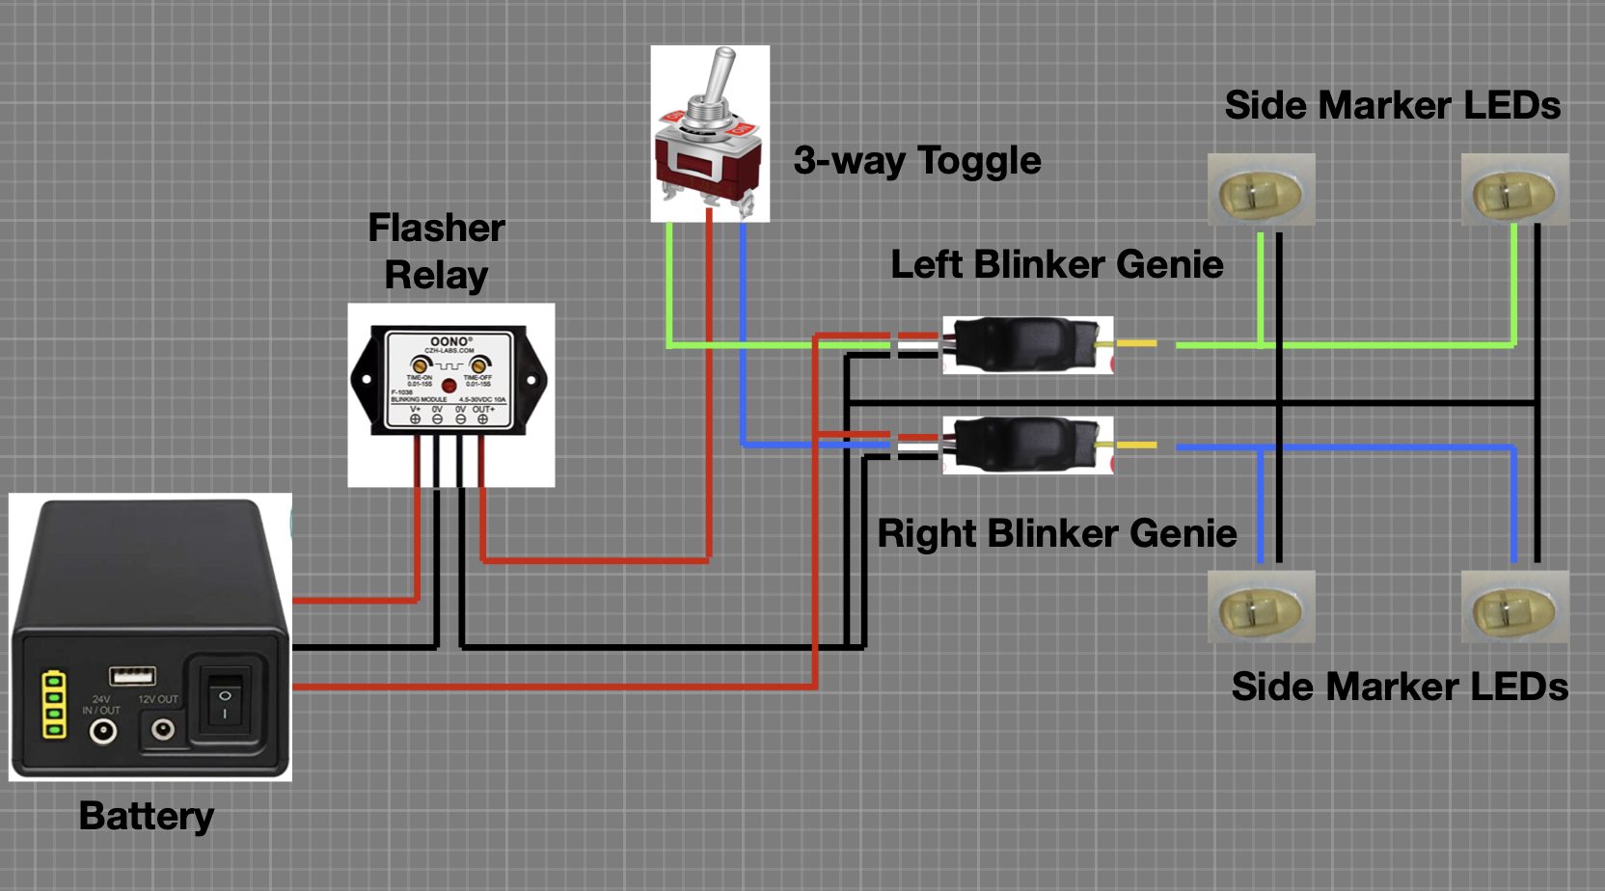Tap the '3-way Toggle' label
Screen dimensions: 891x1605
(916, 160)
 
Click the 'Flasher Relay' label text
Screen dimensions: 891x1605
(436, 252)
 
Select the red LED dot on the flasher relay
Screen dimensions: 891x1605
(449, 385)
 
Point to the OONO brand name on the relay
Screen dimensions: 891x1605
(449, 341)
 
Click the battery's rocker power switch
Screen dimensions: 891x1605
(225, 702)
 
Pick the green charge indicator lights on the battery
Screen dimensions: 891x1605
(54, 705)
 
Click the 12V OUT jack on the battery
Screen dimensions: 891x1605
(162, 729)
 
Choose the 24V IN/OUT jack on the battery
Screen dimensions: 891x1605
(103, 732)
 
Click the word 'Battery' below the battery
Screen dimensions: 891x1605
(147, 816)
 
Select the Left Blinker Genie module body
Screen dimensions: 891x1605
(1022, 344)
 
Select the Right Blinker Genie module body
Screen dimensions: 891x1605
(1022, 445)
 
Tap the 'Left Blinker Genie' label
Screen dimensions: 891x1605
(1056, 264)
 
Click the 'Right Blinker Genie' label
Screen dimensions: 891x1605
(1056, 533)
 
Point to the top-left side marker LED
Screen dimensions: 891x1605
(1261, 192)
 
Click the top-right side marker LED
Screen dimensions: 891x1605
(1513, 192)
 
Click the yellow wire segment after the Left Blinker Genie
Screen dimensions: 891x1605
(1136, 343)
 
